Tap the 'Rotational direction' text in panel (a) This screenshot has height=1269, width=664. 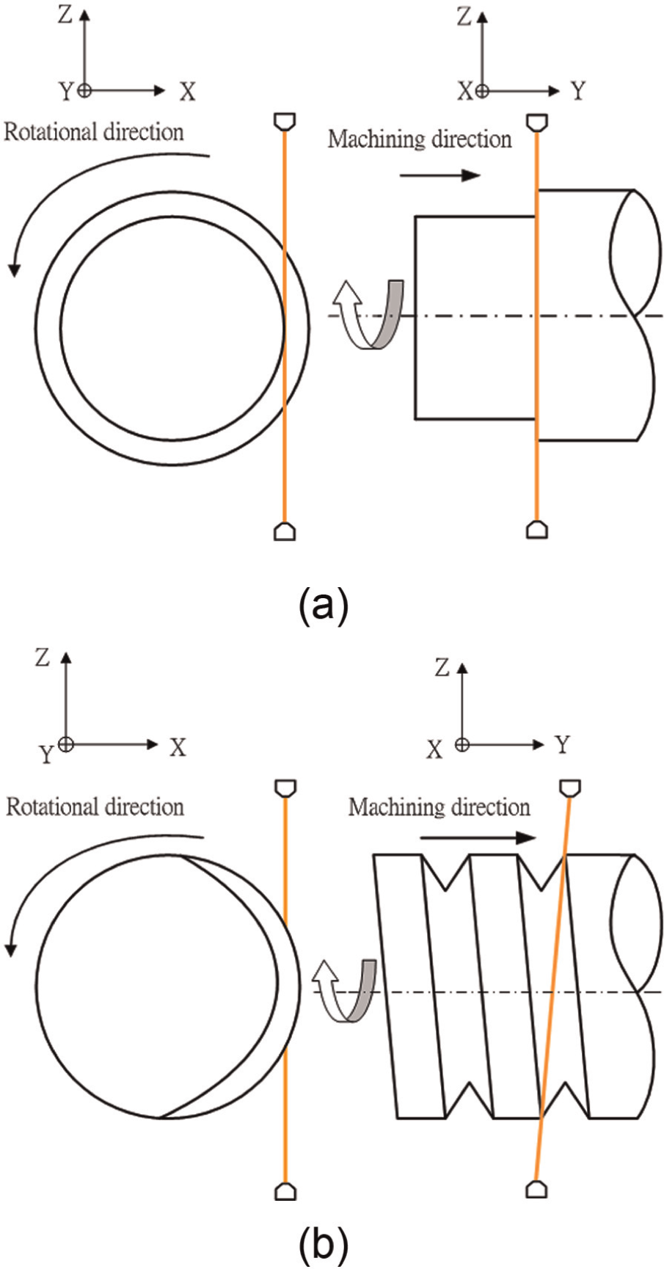pos(94,132)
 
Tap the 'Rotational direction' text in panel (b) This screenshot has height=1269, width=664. pos(95,807)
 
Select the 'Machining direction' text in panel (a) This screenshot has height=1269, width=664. pos(419,139)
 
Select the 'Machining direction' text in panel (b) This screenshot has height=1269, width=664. pos(439,807)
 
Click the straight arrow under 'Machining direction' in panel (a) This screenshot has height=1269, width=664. pos(440,175)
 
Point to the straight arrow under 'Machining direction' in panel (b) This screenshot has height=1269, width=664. pos(478,837)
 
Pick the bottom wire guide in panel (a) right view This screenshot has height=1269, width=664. pos(537,531)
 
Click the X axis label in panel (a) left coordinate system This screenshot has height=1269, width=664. pos(189,92)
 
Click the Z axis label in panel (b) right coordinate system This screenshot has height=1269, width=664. pos(441,669)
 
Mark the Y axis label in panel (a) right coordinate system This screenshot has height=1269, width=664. pos(579,91)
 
